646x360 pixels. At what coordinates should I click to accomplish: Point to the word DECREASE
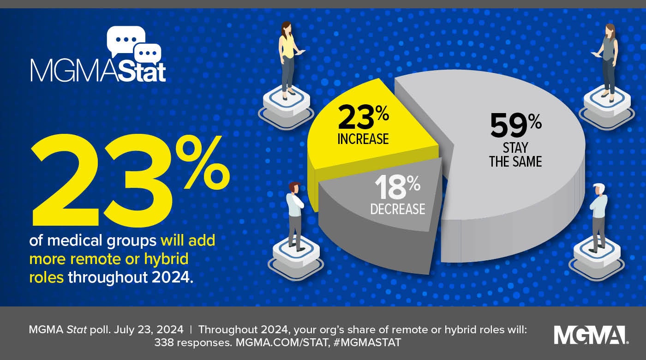coord(397,209)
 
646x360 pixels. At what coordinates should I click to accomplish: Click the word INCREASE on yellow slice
coord(363,139)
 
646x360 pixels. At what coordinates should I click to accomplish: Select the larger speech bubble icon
coord(125,39)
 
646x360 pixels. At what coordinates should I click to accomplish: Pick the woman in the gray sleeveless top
coord(608,58)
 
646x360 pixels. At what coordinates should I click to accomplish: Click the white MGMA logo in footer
coord(591,335)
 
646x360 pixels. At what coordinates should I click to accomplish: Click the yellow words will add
coord(188,240)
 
